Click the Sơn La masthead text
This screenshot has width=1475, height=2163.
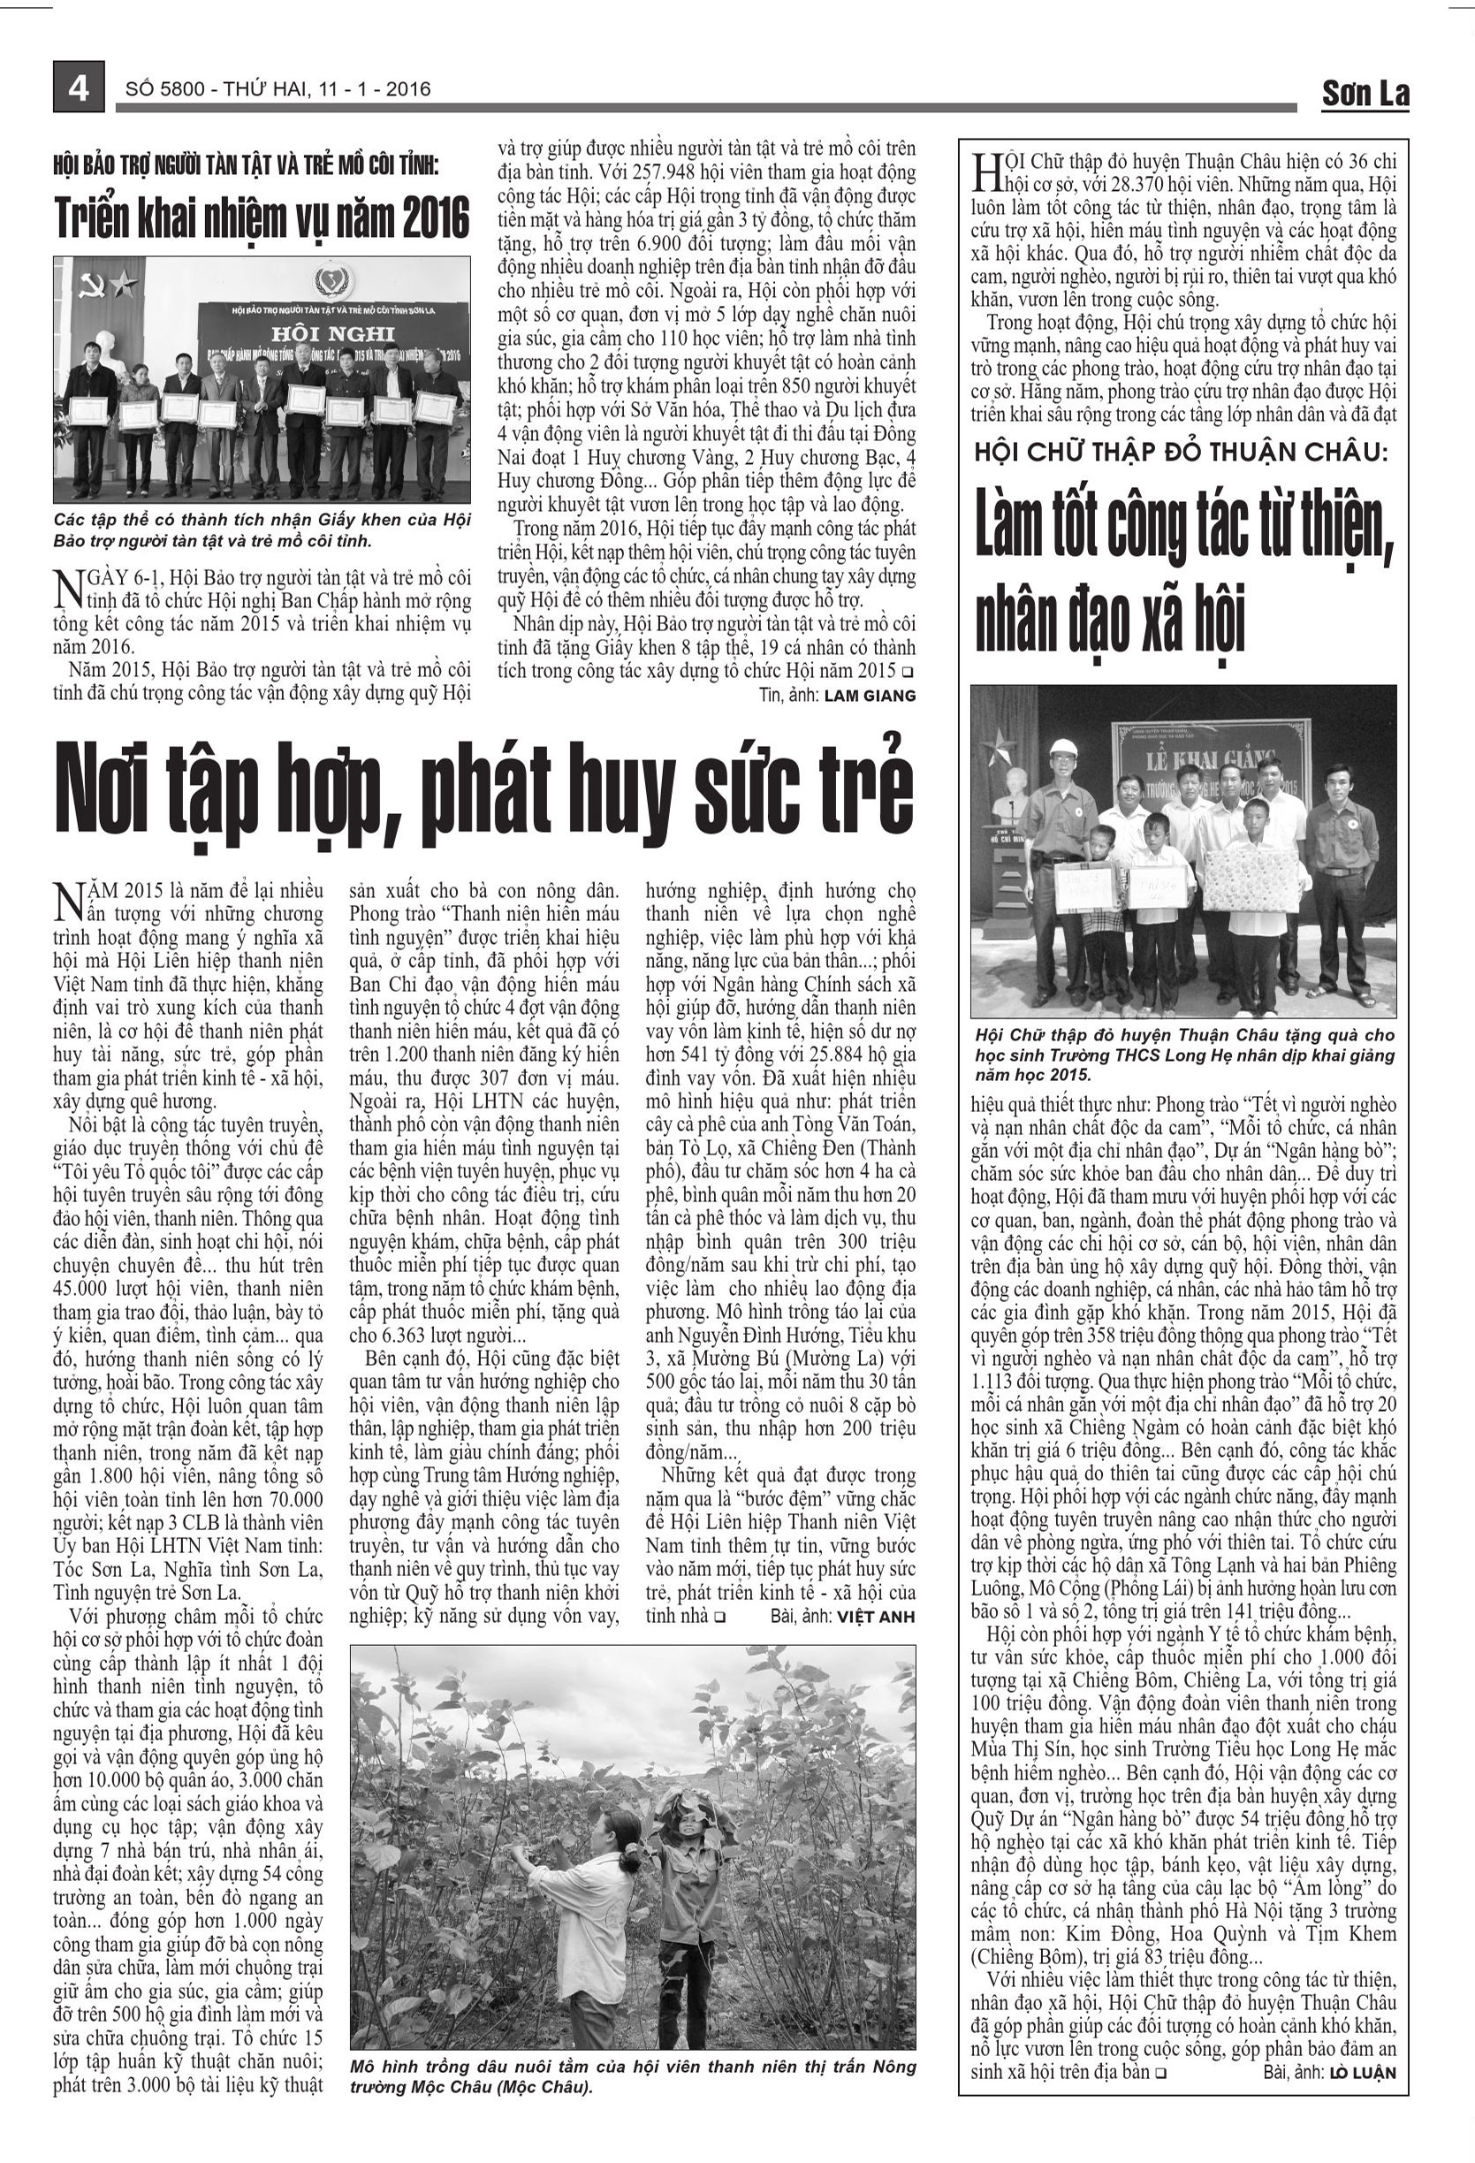click(1365, 93)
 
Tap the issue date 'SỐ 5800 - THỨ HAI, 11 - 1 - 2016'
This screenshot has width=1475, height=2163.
click(278, 89)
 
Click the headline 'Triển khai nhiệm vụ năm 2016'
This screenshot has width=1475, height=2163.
click(262, 217)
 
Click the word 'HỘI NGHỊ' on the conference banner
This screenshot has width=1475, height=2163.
click(333, 334)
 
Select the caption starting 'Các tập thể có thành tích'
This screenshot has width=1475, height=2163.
click(262, 529)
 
